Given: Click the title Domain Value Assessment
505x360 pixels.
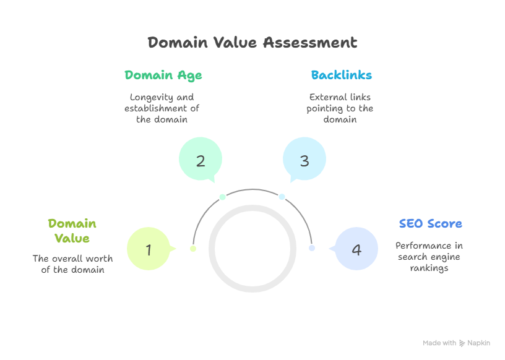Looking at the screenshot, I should point(252,43).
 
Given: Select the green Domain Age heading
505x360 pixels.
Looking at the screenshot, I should point(163,75).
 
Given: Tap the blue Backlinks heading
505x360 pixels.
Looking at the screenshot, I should point(341,75).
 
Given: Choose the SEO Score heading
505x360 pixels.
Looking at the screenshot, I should point(430,224).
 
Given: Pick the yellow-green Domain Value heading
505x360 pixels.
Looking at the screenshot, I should point(72,231).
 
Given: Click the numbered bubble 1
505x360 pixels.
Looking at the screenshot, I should point(149,250).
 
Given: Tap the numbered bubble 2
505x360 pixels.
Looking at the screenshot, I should point(201,161).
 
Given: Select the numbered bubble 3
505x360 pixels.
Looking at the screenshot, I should point(304,161).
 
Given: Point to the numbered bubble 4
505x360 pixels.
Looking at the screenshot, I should point(356,250).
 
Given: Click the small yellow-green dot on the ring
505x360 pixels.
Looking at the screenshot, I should point(193,249).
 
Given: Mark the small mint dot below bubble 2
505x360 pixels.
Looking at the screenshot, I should point(222,197).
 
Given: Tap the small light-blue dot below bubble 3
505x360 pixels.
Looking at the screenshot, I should point(282,197).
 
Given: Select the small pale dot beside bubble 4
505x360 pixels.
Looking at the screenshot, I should point(312,248).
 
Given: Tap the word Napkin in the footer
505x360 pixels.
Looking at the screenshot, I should point(478,343).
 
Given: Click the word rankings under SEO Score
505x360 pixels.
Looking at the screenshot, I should point(429,268).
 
